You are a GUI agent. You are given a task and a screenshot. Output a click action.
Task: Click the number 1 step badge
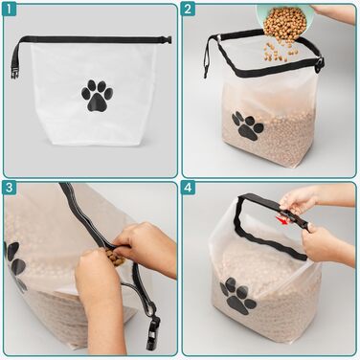click(10, 9)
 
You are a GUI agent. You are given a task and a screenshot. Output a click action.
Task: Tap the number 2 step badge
click(188, 9)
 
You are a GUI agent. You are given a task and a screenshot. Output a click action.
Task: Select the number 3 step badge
click(10, 188)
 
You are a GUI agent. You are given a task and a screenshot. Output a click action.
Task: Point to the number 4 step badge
click(188, 188)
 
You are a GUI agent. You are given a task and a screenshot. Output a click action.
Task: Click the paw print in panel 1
click(97, 96)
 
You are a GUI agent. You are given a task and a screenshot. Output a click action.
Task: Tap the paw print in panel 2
click(247, 125)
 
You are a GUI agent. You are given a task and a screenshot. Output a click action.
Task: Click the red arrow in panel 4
click(283, 220)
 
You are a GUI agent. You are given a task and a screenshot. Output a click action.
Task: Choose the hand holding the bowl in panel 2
click(333, 13)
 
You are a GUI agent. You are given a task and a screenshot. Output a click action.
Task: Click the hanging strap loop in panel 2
click(210, 57)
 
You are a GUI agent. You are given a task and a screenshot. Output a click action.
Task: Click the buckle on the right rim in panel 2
click(320, 66)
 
